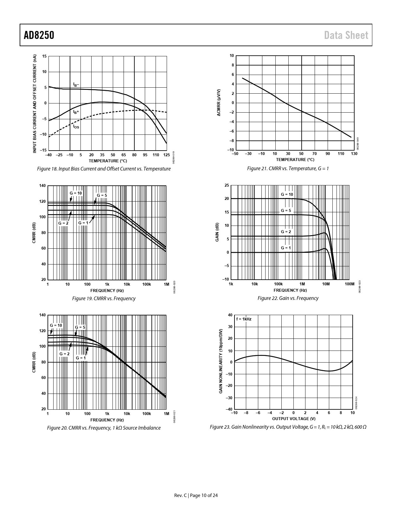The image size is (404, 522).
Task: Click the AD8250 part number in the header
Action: pos(39,35)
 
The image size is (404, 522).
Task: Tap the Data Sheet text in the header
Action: pos(346,35)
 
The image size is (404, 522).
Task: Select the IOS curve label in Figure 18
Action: pos(76,127)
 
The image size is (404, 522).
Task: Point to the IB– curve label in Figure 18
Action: pos(76,84)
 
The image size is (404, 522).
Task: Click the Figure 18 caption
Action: pos(104,169)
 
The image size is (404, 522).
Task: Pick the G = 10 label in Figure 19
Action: pos(76,193)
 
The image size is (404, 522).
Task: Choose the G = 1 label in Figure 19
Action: pos(83,223)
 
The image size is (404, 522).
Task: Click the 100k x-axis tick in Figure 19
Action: pos(146,284)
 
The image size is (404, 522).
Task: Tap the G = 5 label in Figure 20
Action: pos(80,327)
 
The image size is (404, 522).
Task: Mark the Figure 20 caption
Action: pos(104,428)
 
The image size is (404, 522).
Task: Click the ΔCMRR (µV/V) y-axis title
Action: pos(219,103)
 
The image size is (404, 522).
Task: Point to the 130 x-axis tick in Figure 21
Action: pos(354,154)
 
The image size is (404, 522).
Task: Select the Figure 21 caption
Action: pos(288,169)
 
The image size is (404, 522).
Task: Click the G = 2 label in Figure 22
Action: pos(286,232)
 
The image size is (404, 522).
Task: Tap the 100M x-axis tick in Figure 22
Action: pos(349,284)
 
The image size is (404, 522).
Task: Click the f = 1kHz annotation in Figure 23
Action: pos(244,319)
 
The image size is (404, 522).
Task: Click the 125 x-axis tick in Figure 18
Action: pos(167,155)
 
